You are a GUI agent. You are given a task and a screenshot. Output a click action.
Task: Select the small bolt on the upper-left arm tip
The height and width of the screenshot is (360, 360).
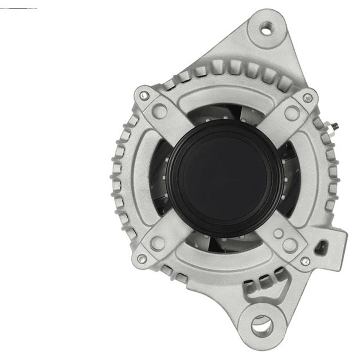[144, 93]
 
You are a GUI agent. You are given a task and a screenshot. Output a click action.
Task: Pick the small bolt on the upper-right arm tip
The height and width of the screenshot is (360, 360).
[308, 97]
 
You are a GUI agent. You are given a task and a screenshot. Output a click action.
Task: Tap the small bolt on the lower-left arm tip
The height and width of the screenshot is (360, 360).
[142, 258]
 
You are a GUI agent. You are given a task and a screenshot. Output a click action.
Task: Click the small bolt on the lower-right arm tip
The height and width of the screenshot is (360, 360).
[305, 260]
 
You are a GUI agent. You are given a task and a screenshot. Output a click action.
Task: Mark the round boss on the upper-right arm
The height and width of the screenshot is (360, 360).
[291, 113]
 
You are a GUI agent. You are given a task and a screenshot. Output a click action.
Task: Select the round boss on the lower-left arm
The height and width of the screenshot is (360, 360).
[158, 243]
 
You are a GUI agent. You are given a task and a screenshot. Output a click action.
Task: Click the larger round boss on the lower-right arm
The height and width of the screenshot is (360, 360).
[289, 244]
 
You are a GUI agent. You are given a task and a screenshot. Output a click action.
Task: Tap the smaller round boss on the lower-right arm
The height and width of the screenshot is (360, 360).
[278, 233]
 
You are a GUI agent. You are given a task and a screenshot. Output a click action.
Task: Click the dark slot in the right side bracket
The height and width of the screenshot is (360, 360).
[325, 246]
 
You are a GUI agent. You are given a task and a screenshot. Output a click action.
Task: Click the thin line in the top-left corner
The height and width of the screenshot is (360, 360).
[18, 8]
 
